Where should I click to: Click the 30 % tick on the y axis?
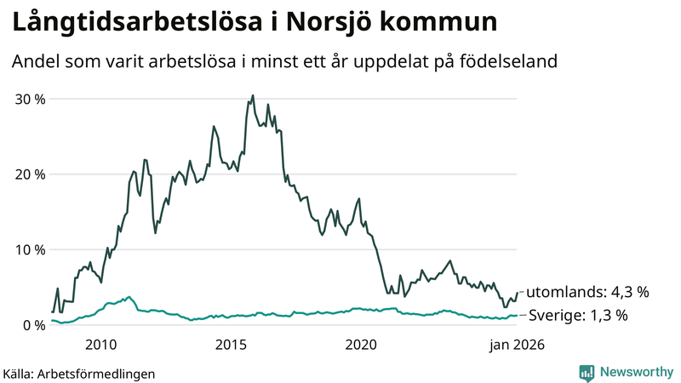[29, 99]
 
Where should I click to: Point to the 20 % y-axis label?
[29, 174]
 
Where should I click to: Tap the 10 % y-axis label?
[29, 249]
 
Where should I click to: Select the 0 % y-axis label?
[33, 325]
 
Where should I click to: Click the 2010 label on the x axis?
[100, 345]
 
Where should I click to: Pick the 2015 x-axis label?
[231, 345]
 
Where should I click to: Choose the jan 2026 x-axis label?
[516, 345]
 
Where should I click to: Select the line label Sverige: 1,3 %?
[579, 316]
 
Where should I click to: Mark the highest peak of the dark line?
[253, 95]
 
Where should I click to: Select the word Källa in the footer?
[21, 373]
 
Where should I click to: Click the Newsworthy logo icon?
[587, 372]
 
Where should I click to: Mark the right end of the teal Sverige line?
[517, 316]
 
